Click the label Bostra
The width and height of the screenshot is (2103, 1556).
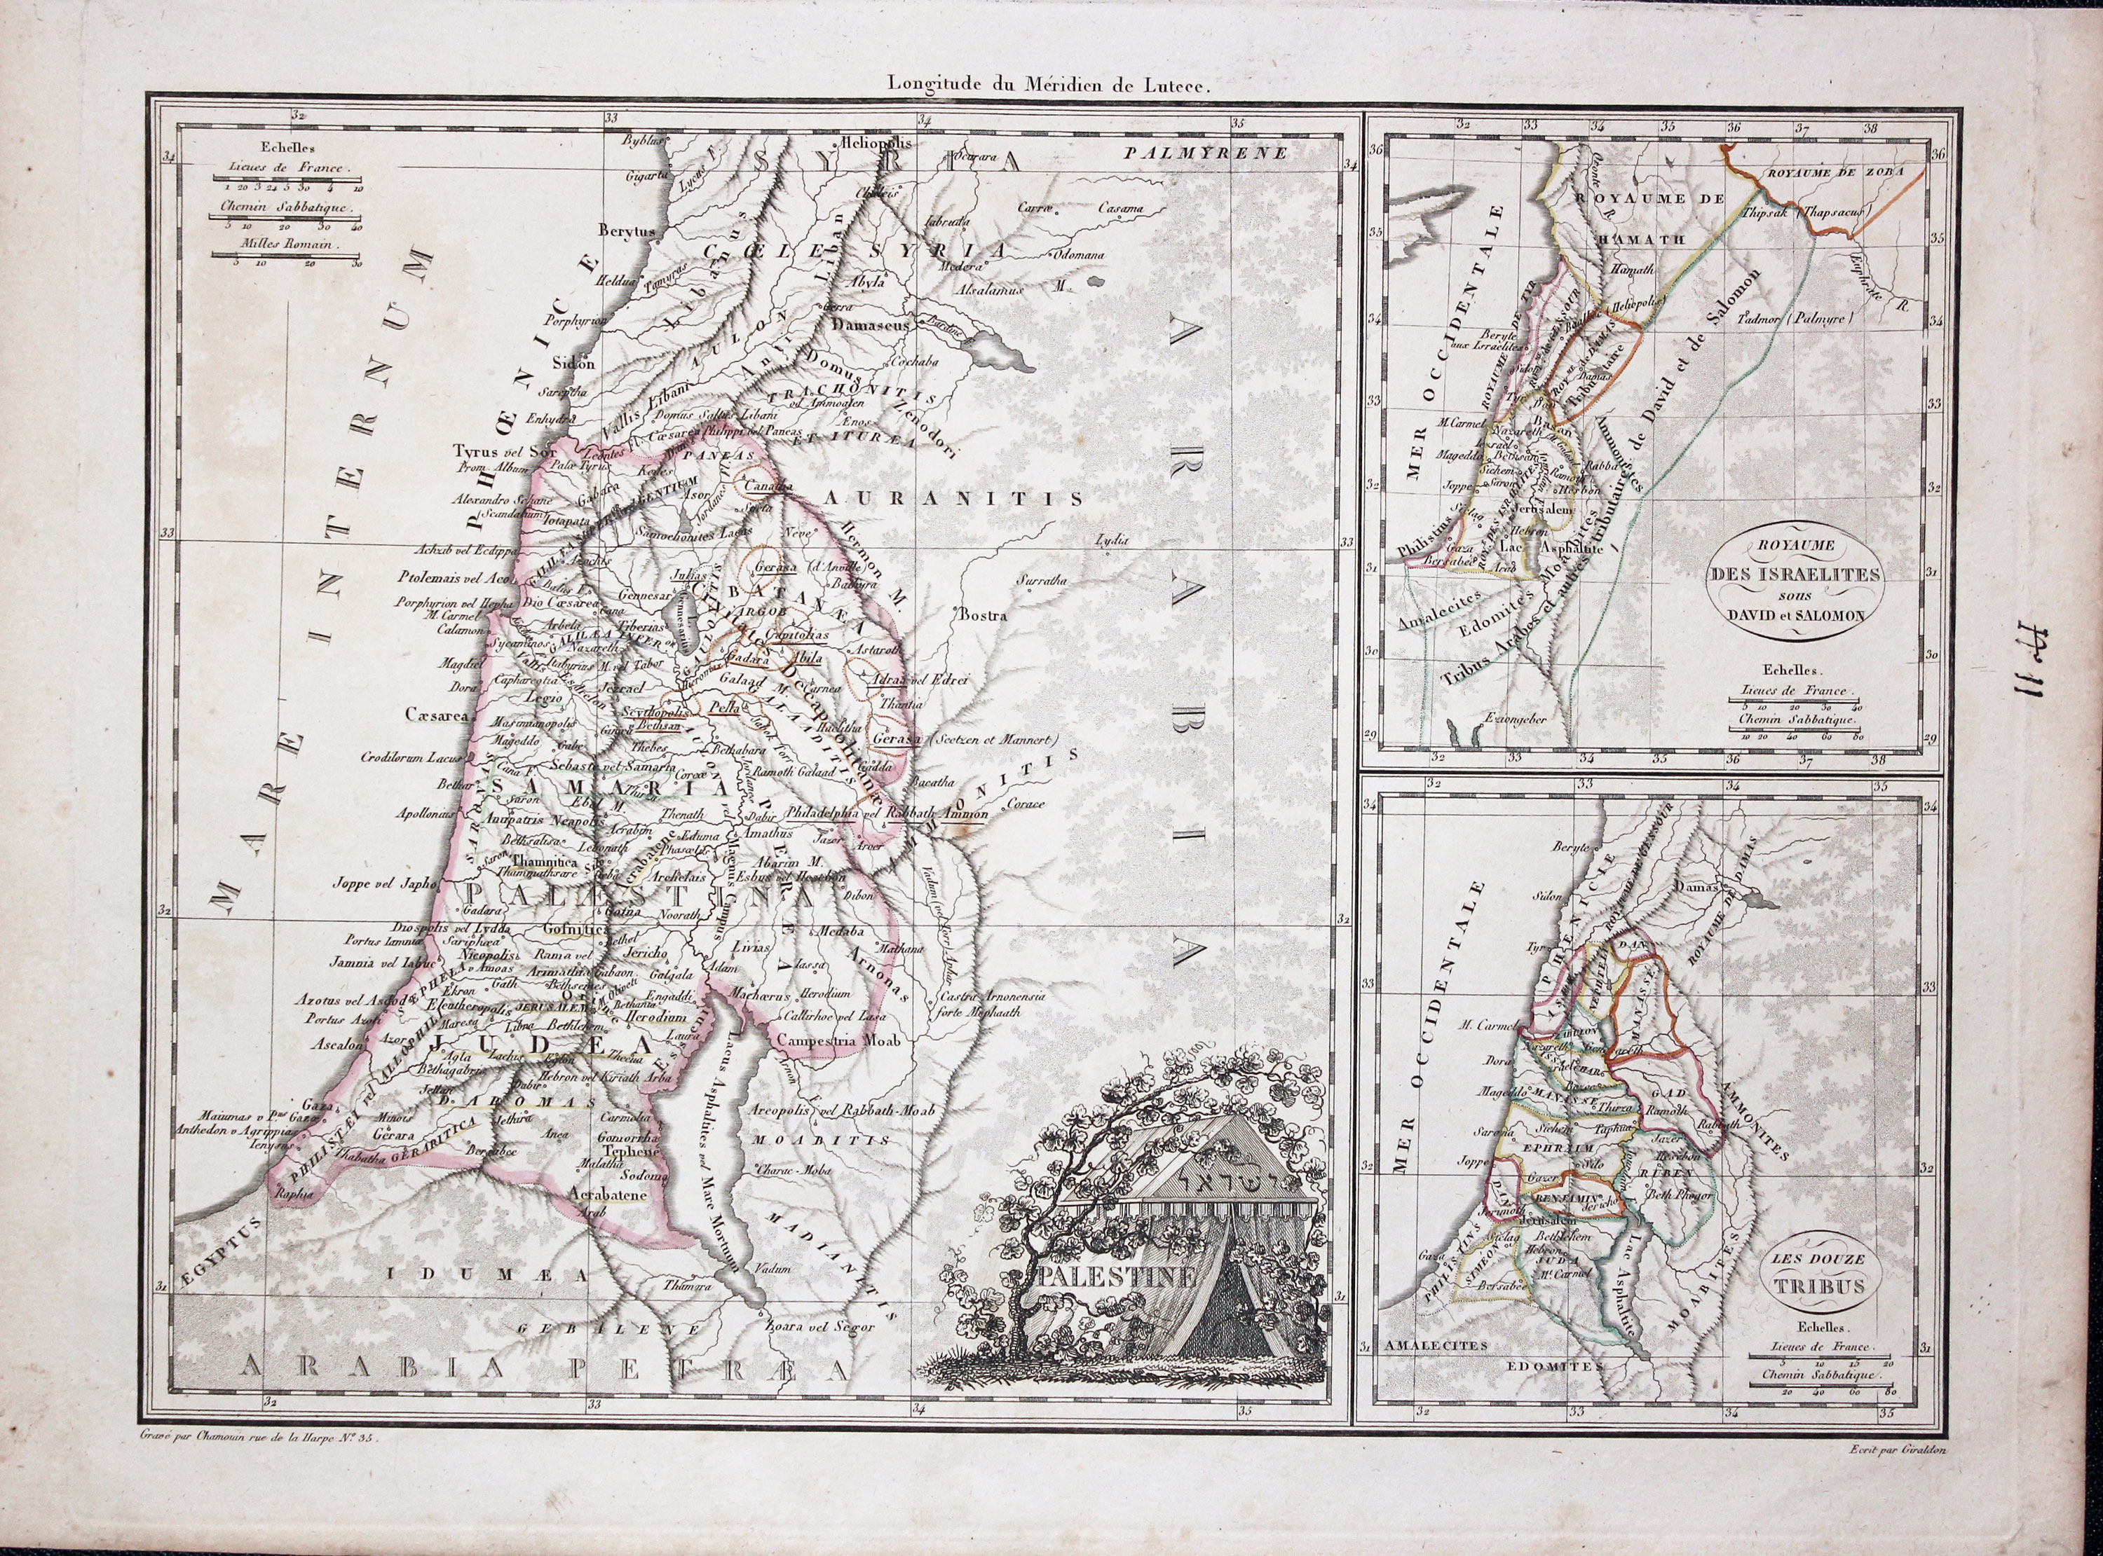[983, 616]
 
